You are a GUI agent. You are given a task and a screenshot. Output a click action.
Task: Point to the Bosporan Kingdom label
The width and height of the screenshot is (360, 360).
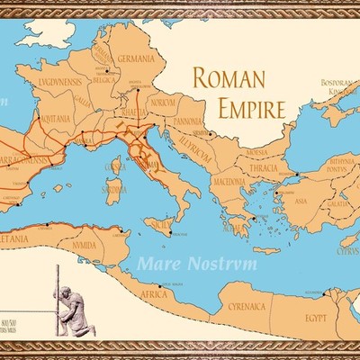pyautogui.click(x=341, y=87)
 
